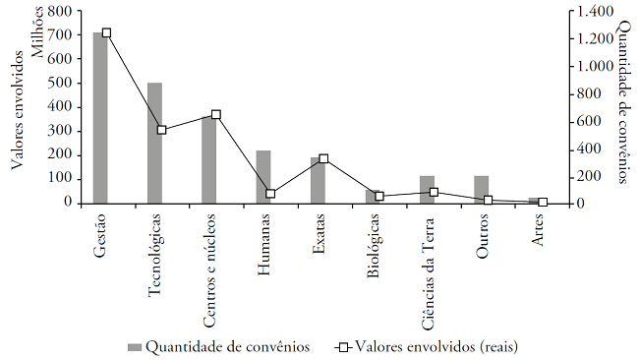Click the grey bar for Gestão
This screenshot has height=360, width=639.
(x=100, y=118)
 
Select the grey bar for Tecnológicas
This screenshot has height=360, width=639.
(x=154, y=143)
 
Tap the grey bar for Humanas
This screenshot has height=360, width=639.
(x=263, y=177)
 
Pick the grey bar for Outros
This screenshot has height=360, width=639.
(x=481, y=190)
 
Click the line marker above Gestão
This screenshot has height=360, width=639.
(x=107, y=32)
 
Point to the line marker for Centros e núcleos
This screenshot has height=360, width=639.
(x=216, y=114)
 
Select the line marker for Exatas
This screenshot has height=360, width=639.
(x=324, y=158)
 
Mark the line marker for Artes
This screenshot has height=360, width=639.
(x=542, y=202)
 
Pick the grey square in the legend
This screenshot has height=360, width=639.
(x=134, y=346)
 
